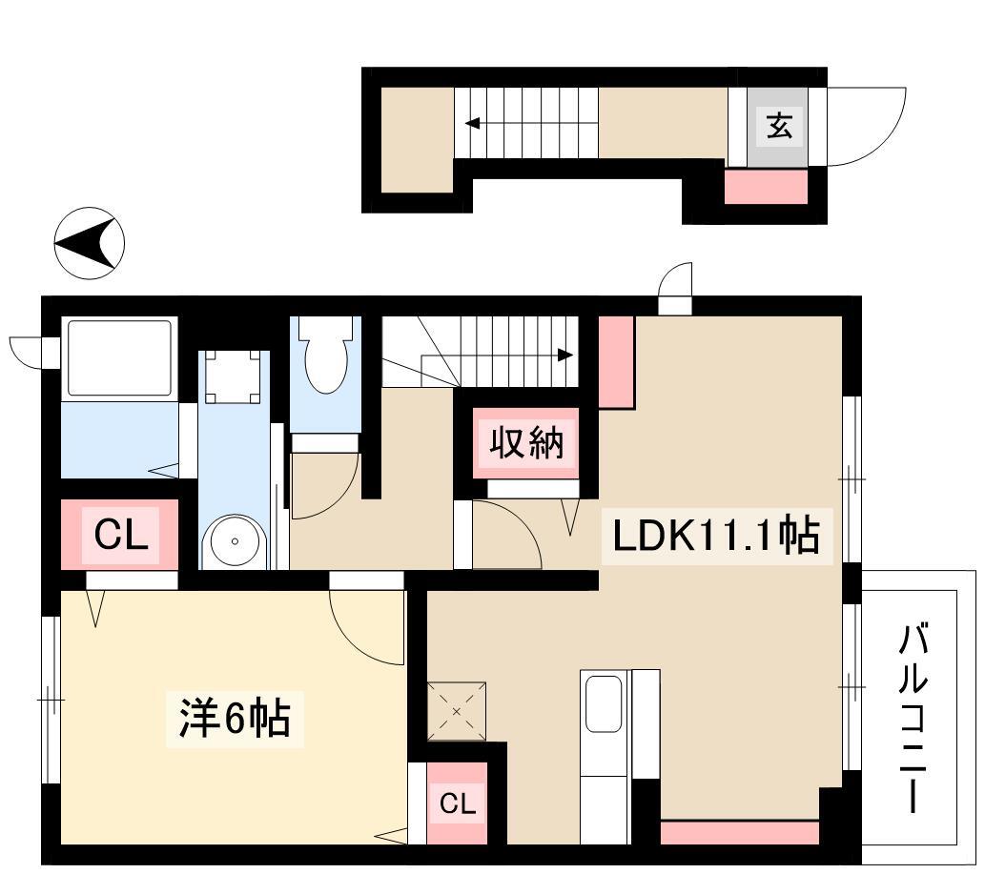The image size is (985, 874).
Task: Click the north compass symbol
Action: click(x=90, y=243)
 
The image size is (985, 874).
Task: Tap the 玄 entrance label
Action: click(x=779, y=126)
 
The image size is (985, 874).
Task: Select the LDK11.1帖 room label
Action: click(x=716, y=536)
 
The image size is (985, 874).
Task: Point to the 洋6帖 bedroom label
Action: click(x=235, y=719)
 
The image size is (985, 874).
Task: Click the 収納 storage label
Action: click(x=526, y=443)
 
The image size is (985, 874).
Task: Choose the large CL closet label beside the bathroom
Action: click(x=120, y=535)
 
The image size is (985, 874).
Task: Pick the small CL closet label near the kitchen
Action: click(x=457, y=803)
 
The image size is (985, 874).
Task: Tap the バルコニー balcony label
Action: click(x=913, y=718)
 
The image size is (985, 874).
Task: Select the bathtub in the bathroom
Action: click(x=119, y=358)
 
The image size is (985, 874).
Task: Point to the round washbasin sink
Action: click(x=235, y=541)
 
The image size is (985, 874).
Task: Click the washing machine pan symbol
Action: click(x=233, y=376)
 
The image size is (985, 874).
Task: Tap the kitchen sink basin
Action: click(x=604, y=703)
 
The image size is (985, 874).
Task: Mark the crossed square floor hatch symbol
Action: click(x=457, y=711)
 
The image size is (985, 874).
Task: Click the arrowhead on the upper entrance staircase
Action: click(x=472, y=123)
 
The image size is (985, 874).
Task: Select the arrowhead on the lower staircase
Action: click(x=565, y=356)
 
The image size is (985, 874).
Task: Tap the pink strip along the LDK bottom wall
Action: click(x=739, y=833)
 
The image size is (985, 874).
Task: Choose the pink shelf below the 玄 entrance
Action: click(x=766, y=187)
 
